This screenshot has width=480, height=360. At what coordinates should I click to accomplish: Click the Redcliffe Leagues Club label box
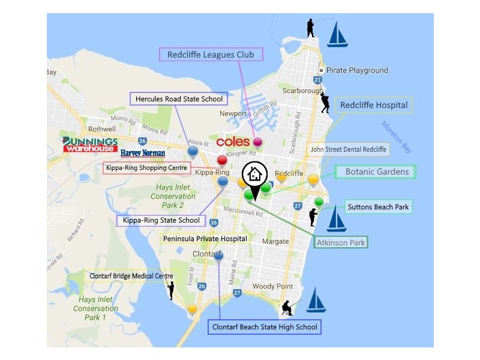tap(211, 55)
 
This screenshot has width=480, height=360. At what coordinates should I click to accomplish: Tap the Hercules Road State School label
tap(179, 99)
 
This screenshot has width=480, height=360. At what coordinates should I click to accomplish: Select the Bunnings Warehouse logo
tap(90, 145)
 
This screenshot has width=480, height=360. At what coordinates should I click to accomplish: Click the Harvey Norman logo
tap(142, 154)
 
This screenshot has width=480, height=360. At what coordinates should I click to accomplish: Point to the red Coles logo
tap(233, 142)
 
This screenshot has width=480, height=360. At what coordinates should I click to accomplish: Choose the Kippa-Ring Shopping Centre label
tap(147, 168)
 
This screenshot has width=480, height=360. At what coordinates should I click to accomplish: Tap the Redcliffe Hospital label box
tap(374, 105)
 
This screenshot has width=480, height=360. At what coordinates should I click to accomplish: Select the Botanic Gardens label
tap(376, 172)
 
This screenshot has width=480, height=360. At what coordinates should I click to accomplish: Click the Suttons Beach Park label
tap(378, 208)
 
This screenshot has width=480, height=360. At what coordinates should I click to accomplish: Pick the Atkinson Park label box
tap(341, 242)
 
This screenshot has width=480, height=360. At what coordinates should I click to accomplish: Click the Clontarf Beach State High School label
tap(265, 327)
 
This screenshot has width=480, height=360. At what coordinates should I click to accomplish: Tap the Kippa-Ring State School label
tap(161, 220)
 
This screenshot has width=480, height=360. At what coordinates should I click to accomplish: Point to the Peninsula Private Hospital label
tap(205, 239)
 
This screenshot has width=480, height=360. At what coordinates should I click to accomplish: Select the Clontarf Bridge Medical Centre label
tap(131, 276)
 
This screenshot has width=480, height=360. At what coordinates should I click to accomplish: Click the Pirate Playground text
tap(358, 70)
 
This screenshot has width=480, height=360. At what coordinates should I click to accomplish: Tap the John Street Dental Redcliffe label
tap(347, 149)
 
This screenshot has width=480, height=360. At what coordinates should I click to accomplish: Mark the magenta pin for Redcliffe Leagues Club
tap(258, 142)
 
